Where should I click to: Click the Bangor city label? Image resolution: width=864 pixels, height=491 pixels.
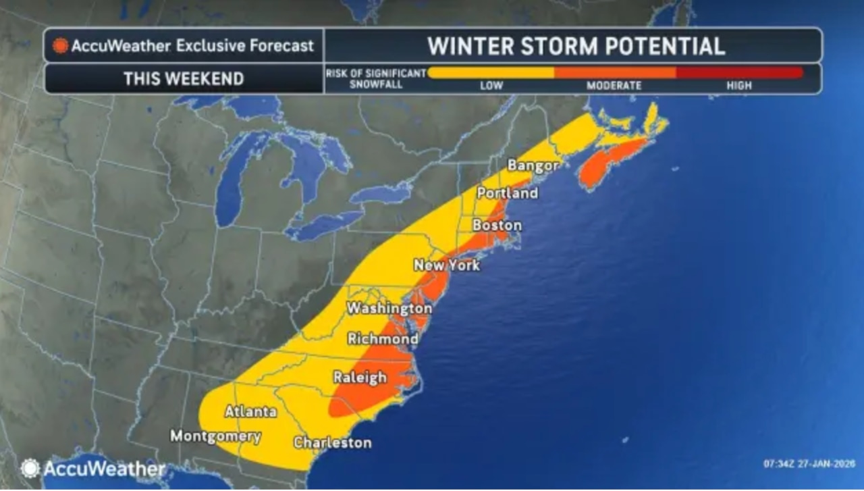click(x=533, y=165)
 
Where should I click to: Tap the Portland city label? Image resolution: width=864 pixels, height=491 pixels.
click(x=507, y=193)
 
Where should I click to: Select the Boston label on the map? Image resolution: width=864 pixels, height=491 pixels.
click(x=497, y=225)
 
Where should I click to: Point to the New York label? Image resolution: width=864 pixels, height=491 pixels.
click(x=447, y=265)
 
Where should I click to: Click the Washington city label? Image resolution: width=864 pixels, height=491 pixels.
click(x=389, y=309)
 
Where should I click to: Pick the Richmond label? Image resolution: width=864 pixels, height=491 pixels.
click(x=383, y=338)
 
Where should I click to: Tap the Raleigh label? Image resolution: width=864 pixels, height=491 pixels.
click(x=360, y=378)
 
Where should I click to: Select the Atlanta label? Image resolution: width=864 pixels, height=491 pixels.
click(x=250, y=411)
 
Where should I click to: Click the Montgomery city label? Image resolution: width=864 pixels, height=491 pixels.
click(x=215, y=436)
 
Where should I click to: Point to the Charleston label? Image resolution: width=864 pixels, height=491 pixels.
click(x=332, y=443)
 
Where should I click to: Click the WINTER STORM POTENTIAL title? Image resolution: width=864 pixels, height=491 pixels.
click(x=576, y=46)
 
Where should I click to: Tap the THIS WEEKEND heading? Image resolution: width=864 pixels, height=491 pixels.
click(x=184, y=78)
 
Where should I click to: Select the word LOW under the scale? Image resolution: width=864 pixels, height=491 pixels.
click(x=491, y=86)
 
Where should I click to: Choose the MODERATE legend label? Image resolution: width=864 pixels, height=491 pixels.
click(x=614, y=86)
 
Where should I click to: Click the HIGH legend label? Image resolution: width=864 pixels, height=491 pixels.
click(x=739, y=86)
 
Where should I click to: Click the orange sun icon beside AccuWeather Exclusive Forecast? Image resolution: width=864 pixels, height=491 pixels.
click(x=61, y=46)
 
